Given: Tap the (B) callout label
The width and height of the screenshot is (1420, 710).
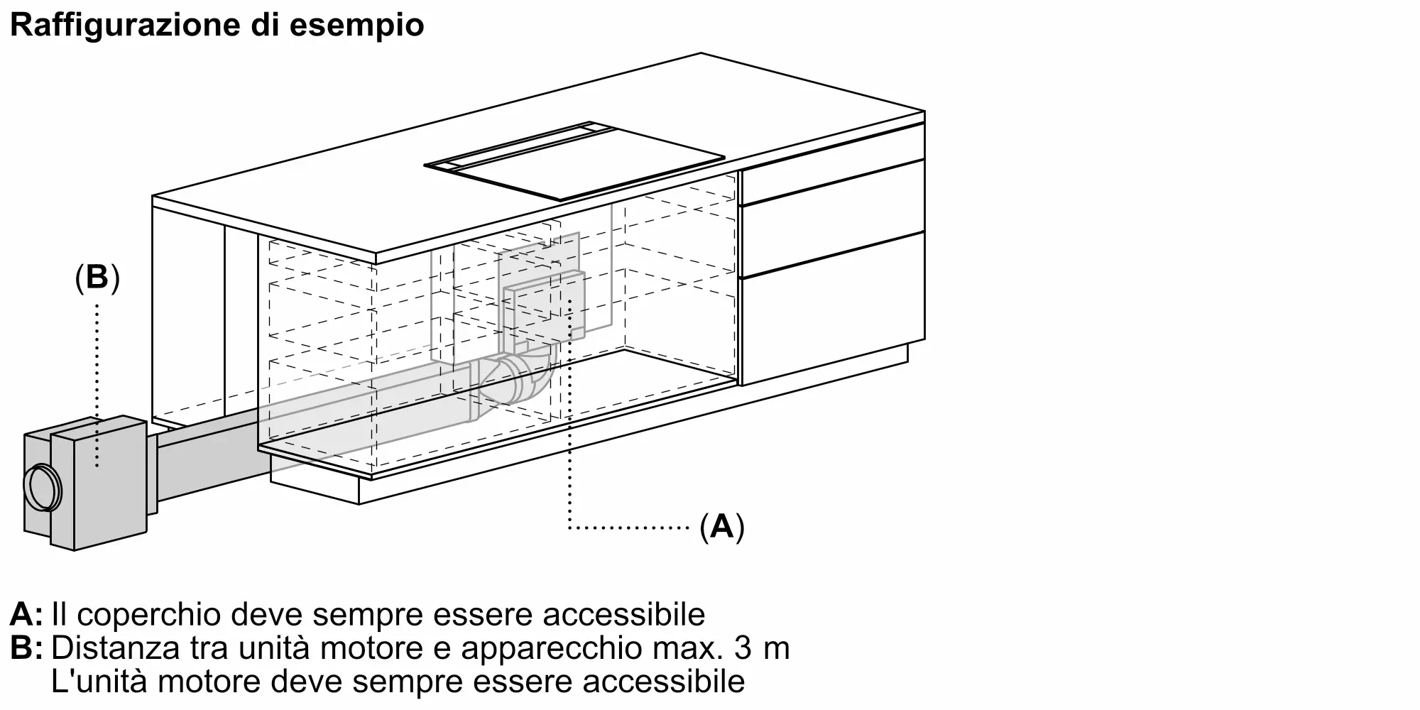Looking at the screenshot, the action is click(x=97, y=278).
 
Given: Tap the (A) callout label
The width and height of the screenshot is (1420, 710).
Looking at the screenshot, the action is click(x=722, y=527).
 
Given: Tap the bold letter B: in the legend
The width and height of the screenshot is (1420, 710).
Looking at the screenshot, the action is click(x=26, y=649).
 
